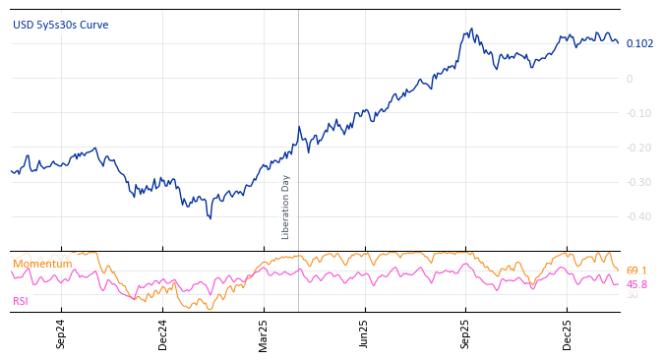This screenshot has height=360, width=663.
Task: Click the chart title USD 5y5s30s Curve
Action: click(x=61, y=25)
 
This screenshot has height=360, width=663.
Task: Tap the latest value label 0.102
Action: click(x=639, y=43)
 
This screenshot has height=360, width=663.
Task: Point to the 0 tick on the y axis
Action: click(x=630, y=79)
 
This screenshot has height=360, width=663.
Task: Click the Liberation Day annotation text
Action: click(x=286, y=207)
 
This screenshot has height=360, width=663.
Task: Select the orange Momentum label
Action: click(x=42, y=264)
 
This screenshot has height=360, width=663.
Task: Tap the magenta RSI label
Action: click(x=21, y=301)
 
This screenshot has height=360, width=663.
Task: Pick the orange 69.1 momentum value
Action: click(x=636, y=270)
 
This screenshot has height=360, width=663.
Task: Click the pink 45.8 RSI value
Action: click(x=636, y=284)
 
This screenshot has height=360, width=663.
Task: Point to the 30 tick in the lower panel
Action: click(x=632, y=295)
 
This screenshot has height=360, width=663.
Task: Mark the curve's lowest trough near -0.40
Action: click(x=210, y=217)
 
